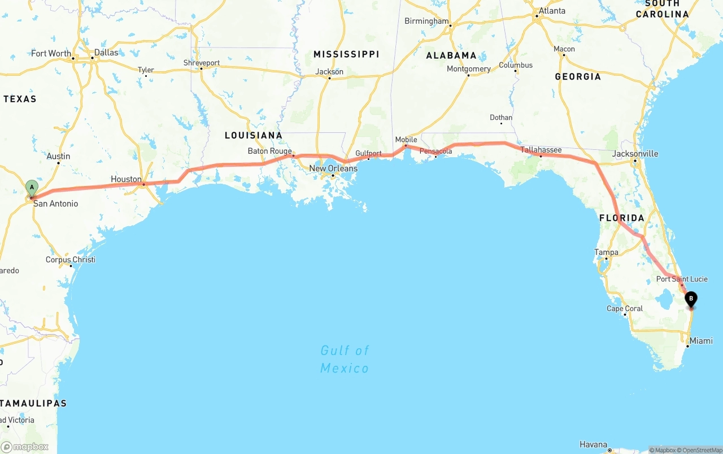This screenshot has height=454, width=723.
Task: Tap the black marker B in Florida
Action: point(691,299)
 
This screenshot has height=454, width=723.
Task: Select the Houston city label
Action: point(126,179)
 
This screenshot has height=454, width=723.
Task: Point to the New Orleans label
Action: point(333,168)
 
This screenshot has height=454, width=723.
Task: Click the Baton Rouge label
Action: point(269,151)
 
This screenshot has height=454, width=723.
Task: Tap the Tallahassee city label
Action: point(541,150)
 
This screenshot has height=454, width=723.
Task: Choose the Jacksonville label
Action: point(635,154)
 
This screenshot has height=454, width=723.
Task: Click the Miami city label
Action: point(701,341)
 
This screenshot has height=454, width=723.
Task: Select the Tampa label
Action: point(606,252)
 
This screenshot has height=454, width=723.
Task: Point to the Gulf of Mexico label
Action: point(345,359)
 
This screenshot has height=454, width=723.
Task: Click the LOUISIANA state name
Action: point(253,135)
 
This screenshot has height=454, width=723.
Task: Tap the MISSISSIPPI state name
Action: point(346,54)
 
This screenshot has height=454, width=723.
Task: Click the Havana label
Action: point(593,444)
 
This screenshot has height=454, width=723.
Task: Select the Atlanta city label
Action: point(552,11)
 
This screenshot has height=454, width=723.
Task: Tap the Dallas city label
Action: point(106,53)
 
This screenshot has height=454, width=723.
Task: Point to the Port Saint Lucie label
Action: point(682,279)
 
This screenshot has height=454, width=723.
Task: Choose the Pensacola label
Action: point(435,152)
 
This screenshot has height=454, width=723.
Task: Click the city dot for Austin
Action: point(58,163)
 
